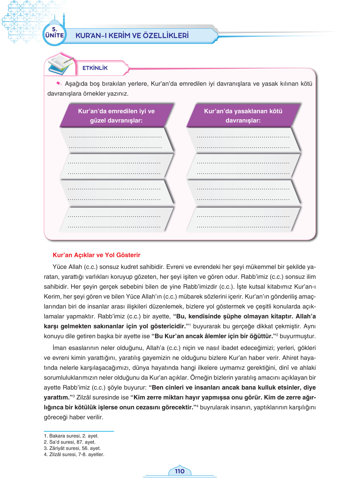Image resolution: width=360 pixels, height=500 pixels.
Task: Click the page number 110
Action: pyautogui.click(x=180, y=471)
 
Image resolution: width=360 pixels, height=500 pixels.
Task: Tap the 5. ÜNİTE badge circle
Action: pyautogui.click(x=54, y=34)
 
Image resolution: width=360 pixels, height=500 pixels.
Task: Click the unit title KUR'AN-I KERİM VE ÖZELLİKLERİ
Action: pyautogui.click(x=132, y=36)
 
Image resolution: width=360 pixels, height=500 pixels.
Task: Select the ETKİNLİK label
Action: pyautogui.click(x=95, y=68)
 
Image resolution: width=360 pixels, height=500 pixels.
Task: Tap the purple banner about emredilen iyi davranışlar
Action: pyautogui.click(x=116, y=116)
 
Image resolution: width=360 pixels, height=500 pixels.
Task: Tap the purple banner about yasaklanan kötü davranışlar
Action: pyautogui.click(x=243, y=116)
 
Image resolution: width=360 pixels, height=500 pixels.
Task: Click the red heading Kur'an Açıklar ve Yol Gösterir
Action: pyautogui.click(x=96, y=255)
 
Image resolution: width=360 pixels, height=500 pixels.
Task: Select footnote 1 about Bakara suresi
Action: pyautogui.click(x=71, y=436)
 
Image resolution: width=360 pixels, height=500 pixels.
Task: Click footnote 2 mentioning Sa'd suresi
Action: pyautogui.click(x=70, y=442)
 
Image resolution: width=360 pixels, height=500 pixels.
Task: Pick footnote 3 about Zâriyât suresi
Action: pyautogui.click(x=72, y=448)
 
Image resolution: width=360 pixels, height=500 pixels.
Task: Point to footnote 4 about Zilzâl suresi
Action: pyautogui.click(x=74, y=454)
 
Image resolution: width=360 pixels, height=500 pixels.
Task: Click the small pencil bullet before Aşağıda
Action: pyautogui.click(x=59, y=84)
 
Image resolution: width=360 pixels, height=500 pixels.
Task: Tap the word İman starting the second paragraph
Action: pyautogui.click(x=59, y=348)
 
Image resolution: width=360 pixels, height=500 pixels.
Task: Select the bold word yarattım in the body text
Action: pyautogui.click(x=57, y=397)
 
